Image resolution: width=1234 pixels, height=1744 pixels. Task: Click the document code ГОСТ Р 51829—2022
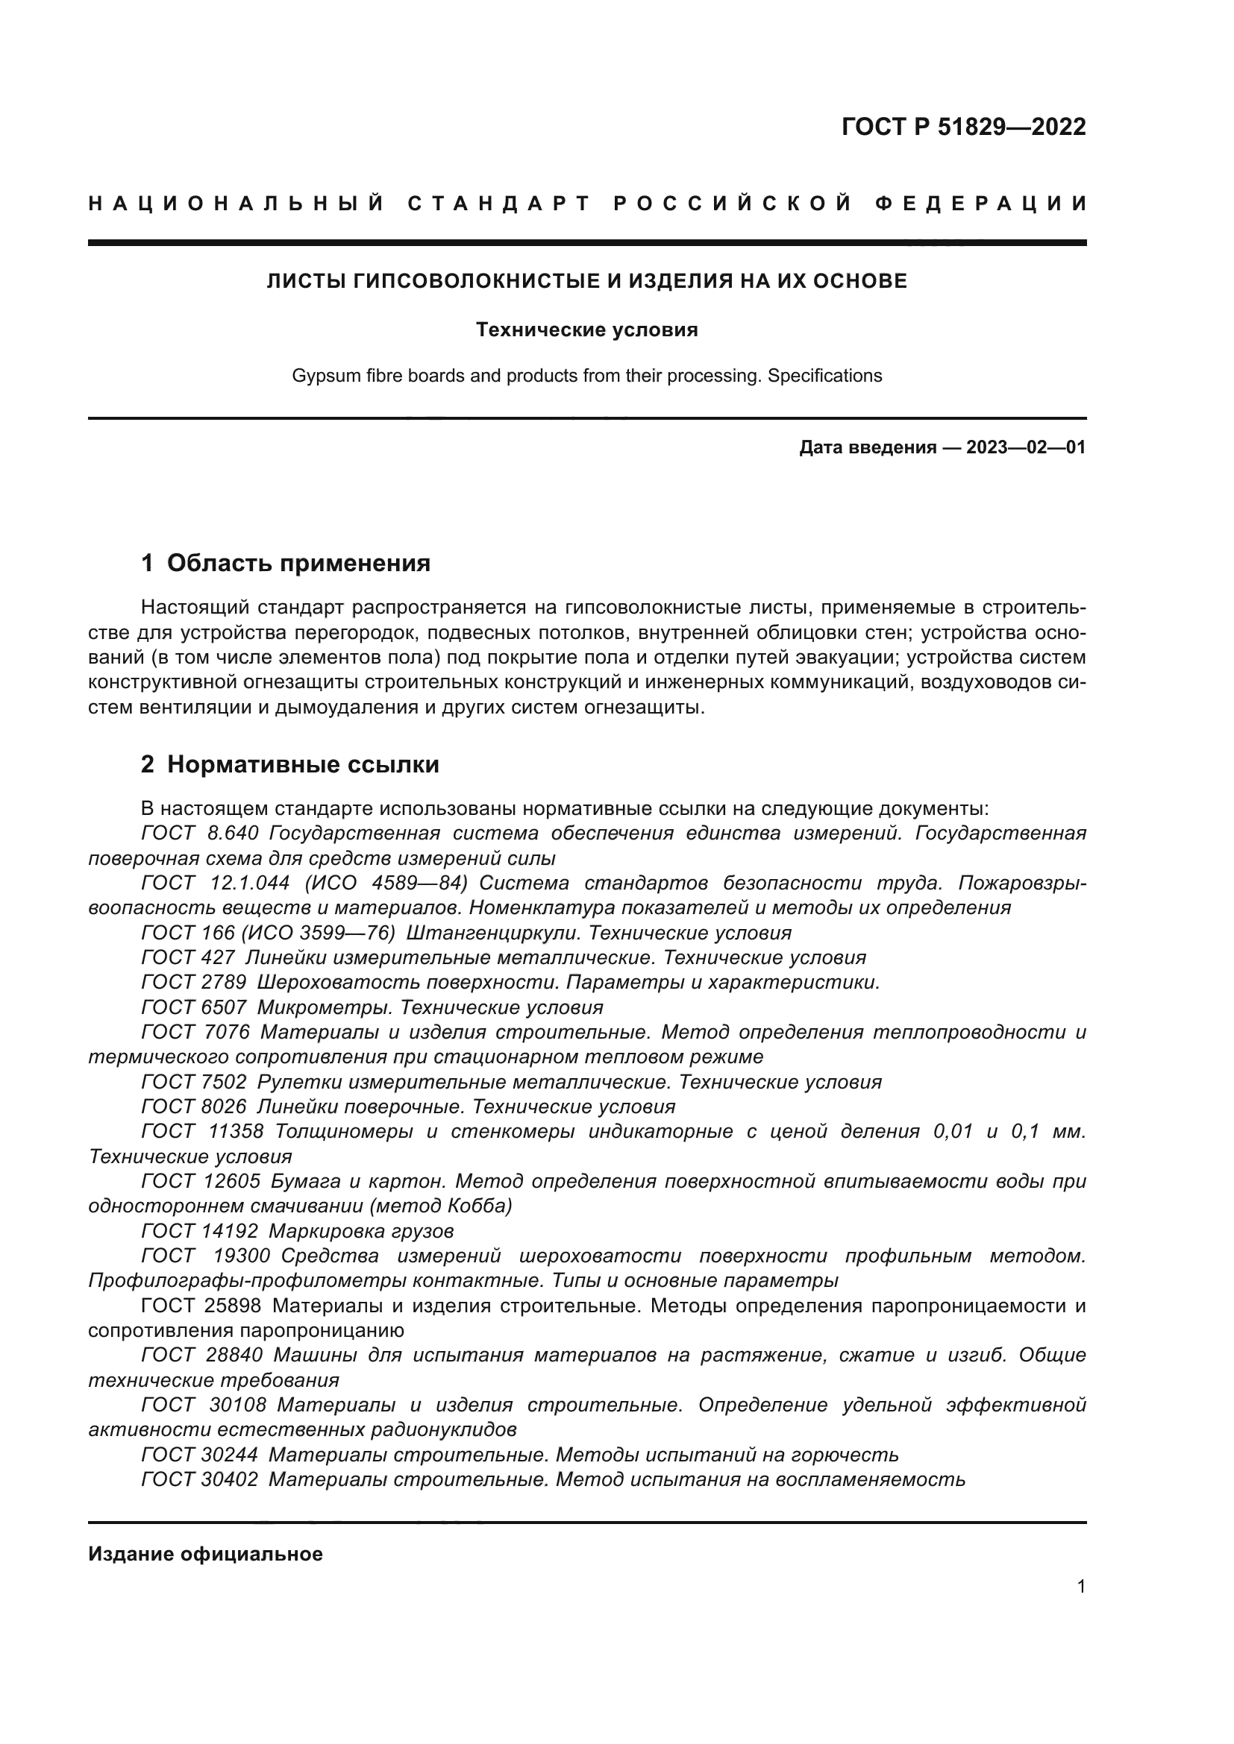962,127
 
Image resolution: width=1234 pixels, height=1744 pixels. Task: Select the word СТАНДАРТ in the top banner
498,204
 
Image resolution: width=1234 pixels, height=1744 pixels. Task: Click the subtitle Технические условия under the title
586,330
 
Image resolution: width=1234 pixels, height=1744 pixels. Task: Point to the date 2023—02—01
1025,447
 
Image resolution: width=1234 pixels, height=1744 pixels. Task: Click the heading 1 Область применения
286,563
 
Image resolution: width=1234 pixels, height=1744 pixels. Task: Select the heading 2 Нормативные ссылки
289,764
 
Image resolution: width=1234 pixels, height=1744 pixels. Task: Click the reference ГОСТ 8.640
200,834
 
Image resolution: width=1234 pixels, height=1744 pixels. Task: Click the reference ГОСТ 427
188,958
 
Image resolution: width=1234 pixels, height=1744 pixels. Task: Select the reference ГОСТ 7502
194,1082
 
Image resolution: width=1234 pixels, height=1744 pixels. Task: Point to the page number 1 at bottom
1080,1587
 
